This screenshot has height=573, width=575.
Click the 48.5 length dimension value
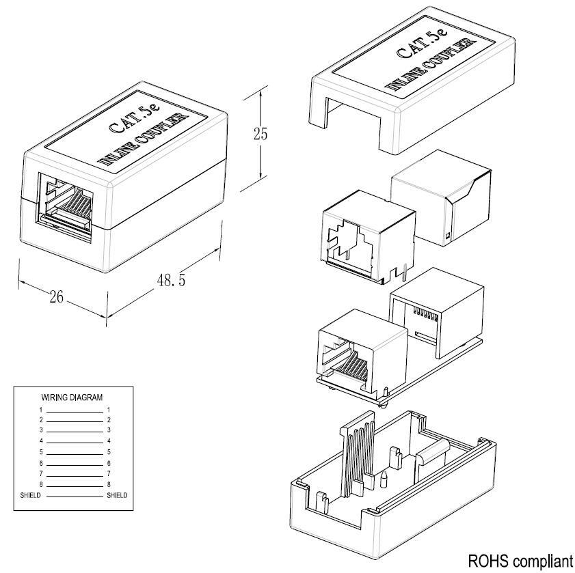click(171, 280)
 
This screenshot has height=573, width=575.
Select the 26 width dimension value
click(57, 297)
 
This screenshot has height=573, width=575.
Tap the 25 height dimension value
click(260, 133)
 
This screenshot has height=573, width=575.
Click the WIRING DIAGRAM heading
click(72, 397)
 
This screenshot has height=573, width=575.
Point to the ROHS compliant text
click(520, 561)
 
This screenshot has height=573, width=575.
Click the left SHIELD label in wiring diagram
click(30, 495)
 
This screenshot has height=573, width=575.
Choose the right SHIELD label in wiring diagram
click(117, 495)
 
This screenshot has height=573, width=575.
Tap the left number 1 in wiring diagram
click(41, 410)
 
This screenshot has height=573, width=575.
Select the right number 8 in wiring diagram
click(109, 485)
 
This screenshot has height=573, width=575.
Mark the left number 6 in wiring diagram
click(41, 464)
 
